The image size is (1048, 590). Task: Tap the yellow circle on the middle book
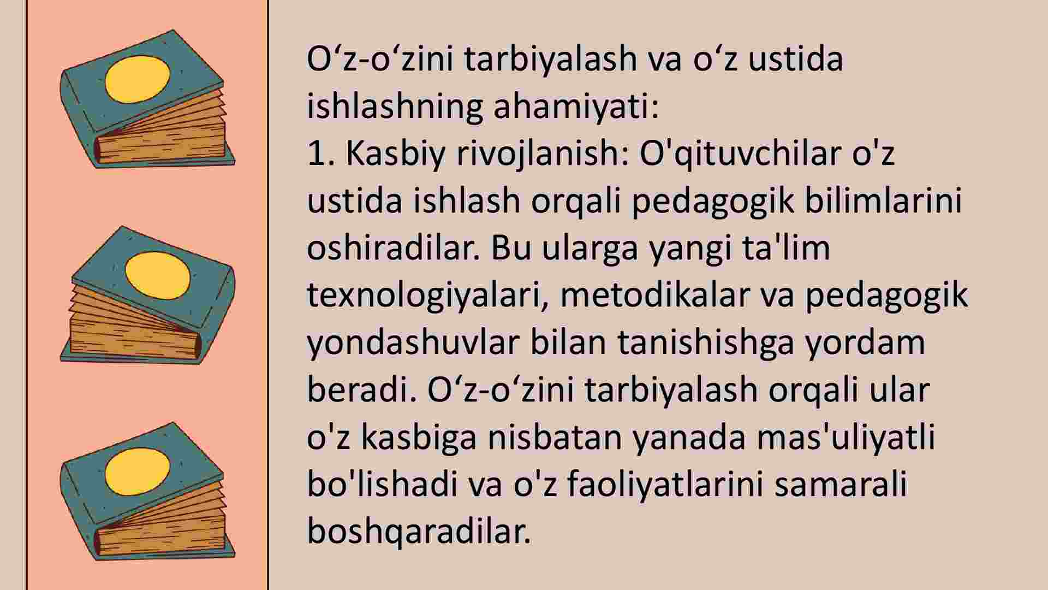(x=158, y=276)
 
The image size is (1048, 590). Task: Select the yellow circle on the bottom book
(x=138, y=469)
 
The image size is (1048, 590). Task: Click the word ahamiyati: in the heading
(x=576, y=107)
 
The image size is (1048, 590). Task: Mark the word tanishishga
(x=706, y=344)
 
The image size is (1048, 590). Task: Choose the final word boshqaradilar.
(x=419, y=533)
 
